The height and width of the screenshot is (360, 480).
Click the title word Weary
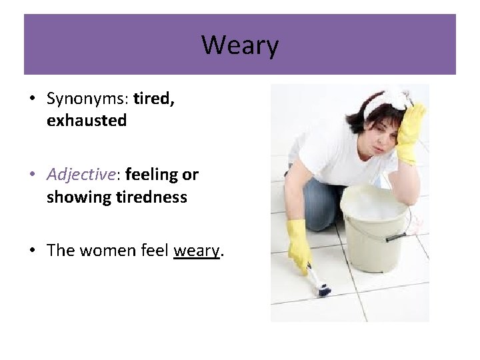[x=240, y=45]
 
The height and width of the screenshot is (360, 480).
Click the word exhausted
[x=87, y=121]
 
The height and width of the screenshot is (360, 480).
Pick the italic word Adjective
[x=81, y=175]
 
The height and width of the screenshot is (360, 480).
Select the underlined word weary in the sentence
[x=196, y=251]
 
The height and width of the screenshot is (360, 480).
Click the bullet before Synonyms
[x=32, y=99]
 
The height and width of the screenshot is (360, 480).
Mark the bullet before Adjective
[x=32, y=175]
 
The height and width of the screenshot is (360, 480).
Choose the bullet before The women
[x=32, y=251]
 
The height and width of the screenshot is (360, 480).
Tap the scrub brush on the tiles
[x=319, y=285]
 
